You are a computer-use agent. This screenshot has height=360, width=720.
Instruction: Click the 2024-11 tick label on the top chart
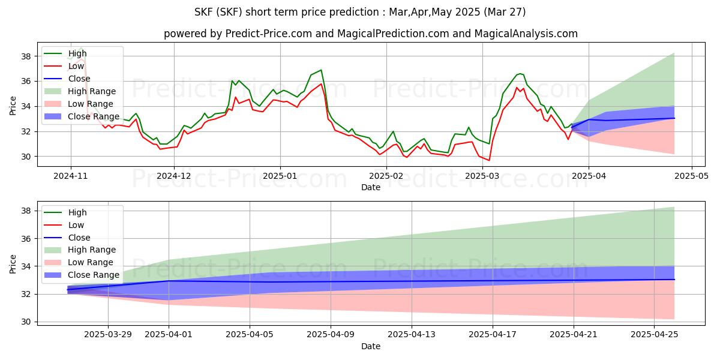[71, 176]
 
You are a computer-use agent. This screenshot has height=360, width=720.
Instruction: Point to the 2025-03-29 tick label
[108, 334]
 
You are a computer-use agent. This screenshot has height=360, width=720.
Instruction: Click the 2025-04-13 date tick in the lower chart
[412, 334]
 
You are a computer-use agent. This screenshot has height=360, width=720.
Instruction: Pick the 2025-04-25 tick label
[655, 334]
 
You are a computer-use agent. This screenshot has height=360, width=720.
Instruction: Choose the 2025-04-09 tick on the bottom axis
[331, 334]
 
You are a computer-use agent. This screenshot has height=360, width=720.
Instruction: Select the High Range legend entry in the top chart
[92, 91]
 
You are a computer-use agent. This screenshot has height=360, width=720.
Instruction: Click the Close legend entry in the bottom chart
[78, 238]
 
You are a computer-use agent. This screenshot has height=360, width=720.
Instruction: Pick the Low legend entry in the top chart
[77, 66]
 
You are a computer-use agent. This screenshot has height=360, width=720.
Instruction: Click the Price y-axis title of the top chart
[13, 106]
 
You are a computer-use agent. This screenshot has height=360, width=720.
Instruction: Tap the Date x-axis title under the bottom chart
[370, 346]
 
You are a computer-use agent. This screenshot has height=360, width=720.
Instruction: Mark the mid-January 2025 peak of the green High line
[321, 70]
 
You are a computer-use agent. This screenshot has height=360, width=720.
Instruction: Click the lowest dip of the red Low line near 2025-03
[489, 160]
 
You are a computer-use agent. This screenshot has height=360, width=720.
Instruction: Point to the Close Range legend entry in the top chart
[94, 116]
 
